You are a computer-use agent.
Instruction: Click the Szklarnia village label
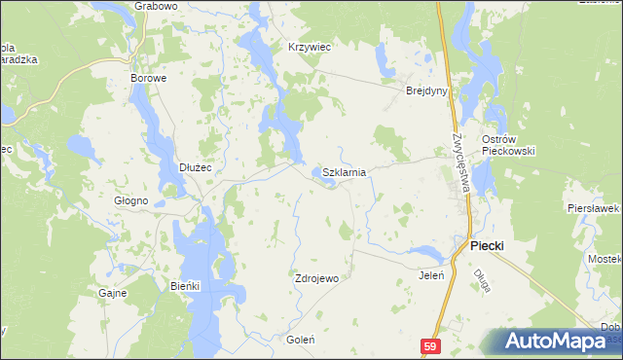pyautogui.click(x=344, y=172)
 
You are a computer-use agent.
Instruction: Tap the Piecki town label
pyautogui.click(x=487, y=246)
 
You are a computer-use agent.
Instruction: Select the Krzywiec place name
pyautogui.click(x=310, y=46)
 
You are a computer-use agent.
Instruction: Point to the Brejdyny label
pyautogui.click(x=425, y=90)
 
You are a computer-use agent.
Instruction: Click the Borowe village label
pyautogui.click(x=149, y=77)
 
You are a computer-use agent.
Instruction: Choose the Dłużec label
pyautogui.click(x=196, y=167)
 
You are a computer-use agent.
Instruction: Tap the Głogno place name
pyautogui.click(x=131, y=200)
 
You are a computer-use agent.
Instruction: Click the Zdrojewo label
pyautogui.click(x=316, y=278)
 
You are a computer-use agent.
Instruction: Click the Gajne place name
pyautogui.click(x=113, y=292)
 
